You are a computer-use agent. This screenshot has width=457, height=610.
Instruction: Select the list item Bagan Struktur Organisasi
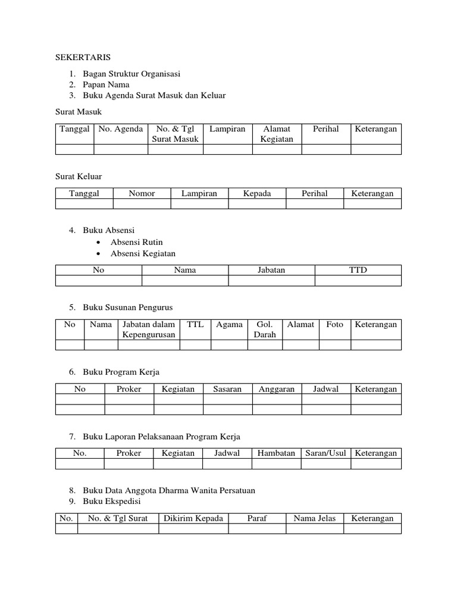click(x=132, y=74)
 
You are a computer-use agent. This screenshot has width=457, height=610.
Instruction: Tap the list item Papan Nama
click(x=106, y=85)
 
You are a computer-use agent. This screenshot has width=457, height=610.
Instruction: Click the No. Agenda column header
click(x=121, y=129)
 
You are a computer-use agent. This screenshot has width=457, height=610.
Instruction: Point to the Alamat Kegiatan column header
click(x=277, y=134)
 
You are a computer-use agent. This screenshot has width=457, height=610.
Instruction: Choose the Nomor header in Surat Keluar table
click(x=142, y=194)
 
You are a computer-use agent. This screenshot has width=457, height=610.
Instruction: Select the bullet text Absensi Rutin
click(x=136, y=242)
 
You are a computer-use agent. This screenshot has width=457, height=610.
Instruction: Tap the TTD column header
click(x=358, y=270)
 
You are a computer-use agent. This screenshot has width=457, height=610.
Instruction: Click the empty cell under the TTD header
click(x=358, y=281)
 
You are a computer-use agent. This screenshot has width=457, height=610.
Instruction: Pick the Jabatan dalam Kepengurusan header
click(x=149, y=329)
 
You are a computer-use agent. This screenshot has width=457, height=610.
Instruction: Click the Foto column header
click(x=334, y=325)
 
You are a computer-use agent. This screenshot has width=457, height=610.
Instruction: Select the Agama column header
click(x=229, y=325)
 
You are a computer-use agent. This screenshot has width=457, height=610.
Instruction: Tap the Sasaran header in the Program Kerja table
click(x=227, y=389)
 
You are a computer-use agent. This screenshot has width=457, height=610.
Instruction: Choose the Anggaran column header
click(x=277, y=389)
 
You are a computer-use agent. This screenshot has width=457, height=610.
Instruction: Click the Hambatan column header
click(x=277, y=453)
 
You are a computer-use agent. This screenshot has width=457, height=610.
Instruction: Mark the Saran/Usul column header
click(x=325, y=453)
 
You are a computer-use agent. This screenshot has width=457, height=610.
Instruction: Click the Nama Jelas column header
click(x=315, y=518)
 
